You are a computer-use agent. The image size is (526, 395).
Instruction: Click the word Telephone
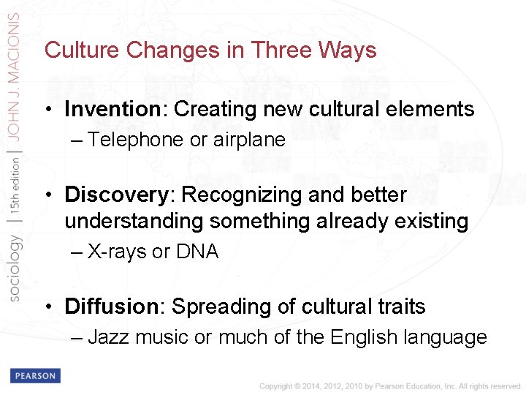[x=136, y=140]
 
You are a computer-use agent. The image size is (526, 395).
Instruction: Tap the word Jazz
[x=108, y=337]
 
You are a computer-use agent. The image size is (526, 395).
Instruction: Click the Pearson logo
[x=34, y=376]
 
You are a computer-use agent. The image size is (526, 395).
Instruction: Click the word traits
[x=401, y=306]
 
